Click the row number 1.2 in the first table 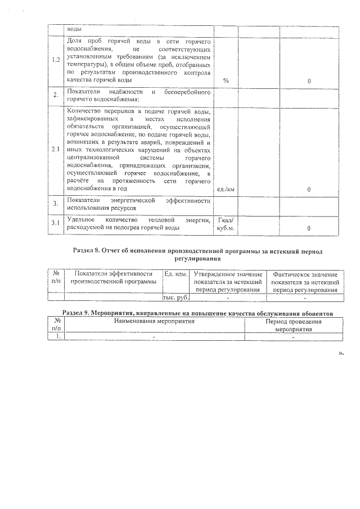pyautogui.click(x=56, y=61)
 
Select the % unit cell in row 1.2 pyautogui.click(x=226, y=81)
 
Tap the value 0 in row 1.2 pyautogui.click(x=309, y=82)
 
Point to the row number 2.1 pyautogui.click(x=56, y=150)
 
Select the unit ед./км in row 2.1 pyautogui.click(x=226, y=190)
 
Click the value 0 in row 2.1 pyautogui.click(x=309, y=190)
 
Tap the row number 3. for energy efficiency pyautogui.click(x=56, y=204)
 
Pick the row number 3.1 pyautogui.click(x=56, y=224)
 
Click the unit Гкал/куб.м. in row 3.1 pyautogui.click(x=226, y=224)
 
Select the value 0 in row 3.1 pyautogui.click(x=309, y=228)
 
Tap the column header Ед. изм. pyautogui.click(x=175, y=273)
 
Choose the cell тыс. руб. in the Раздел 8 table pyautogui.click(x=175, y=298)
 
